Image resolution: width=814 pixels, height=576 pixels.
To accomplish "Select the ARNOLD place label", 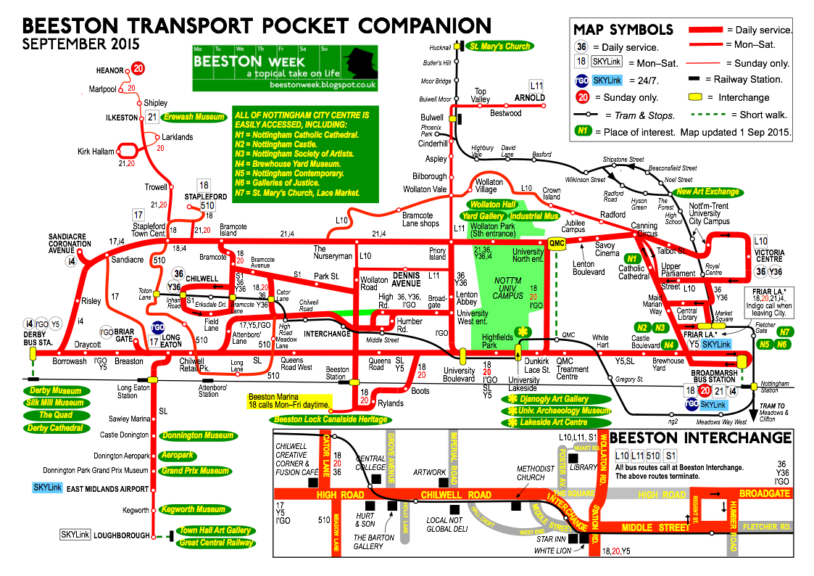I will coord(529,97).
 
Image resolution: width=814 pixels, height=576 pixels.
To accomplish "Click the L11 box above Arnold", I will coord(536,85).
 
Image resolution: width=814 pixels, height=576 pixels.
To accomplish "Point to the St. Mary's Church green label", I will coord(499,46).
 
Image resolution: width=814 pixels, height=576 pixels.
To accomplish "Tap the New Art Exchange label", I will coord(707,192).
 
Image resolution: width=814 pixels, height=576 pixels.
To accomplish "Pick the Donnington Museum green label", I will coord(196,436).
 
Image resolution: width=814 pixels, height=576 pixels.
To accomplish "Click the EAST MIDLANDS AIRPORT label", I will coord(107,490).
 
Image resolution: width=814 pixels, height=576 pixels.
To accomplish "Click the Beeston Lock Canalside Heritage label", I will coord(330,419).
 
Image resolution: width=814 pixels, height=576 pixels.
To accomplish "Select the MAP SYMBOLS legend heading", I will coord(623,30).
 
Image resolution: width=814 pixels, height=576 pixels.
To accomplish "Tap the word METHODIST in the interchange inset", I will coord(535,468).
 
